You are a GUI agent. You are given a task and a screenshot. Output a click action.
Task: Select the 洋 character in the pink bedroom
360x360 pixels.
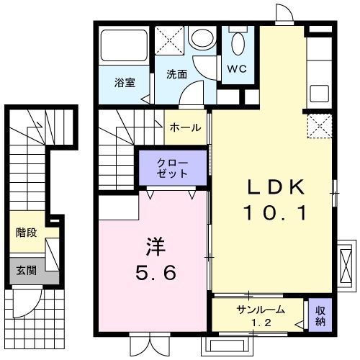pos(158,248)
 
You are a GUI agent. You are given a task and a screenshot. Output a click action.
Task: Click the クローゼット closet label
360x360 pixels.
pos(172,168)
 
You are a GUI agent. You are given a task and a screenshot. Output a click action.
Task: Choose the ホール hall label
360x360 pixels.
pos(185,127)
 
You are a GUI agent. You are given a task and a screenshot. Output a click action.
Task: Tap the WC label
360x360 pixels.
pos(237,70)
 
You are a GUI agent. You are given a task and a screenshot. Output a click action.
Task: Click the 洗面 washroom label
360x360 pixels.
pos(176,74)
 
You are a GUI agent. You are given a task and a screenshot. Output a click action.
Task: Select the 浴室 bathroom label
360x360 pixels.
pos(125,83)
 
